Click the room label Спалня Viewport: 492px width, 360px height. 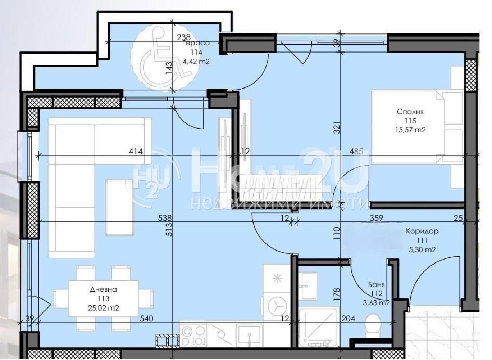410,112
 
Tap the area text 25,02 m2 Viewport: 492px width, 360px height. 104,308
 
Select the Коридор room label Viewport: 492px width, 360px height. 422,231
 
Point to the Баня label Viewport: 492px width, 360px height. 376,285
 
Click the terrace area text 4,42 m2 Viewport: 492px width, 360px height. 196,62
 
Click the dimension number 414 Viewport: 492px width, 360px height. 136,151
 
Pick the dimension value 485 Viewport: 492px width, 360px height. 356,151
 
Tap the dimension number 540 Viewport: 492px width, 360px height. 146,319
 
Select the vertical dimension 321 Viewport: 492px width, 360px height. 337,127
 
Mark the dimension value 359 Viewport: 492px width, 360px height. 376,218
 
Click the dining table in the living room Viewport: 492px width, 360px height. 104,299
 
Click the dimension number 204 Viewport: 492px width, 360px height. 348,319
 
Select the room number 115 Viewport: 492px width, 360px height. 410,121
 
